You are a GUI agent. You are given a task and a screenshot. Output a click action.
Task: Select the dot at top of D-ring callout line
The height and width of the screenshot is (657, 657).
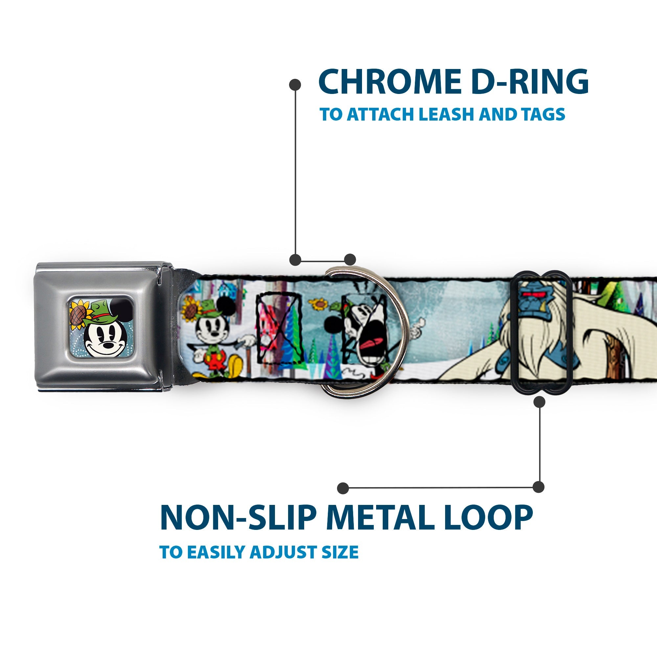(295, 84)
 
